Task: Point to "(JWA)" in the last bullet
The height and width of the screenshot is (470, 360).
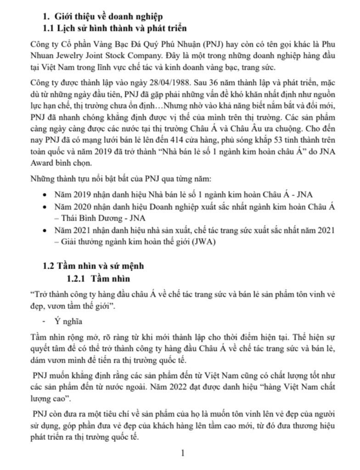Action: (208, 241)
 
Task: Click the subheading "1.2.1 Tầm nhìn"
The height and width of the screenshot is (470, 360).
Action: (98, 279)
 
